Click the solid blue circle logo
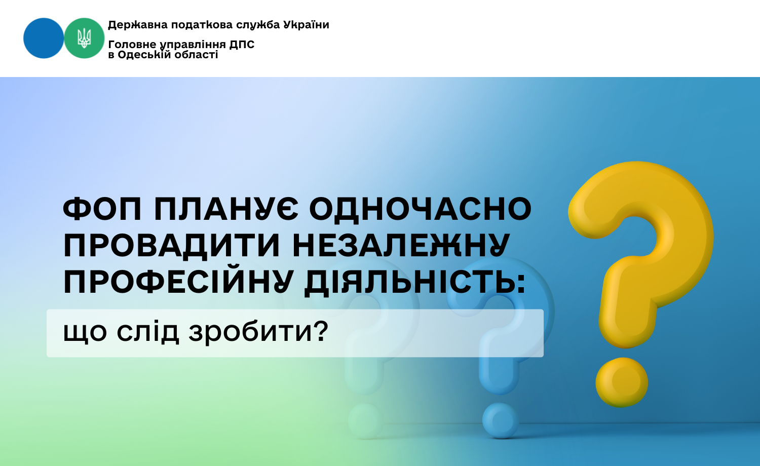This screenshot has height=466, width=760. pos(44,38)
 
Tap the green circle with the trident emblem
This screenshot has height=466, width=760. pos(84,38)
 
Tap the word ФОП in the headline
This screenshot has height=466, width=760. pos(102,209)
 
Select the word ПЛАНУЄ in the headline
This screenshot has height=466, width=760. pos(226,209)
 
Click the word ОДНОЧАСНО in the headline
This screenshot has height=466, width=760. pos(421,209)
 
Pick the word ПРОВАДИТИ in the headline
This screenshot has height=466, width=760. pos(171,246)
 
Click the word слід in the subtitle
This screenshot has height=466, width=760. pos(147,331)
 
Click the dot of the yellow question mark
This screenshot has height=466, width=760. pos(622,382)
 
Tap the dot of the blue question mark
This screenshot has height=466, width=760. pos(501,420)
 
